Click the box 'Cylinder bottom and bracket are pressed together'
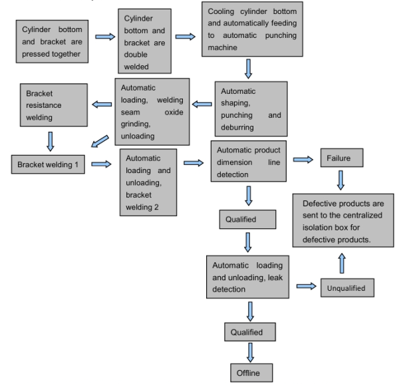coord(53,41)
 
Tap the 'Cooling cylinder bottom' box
coord(251,29)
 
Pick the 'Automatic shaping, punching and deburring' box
coord(251,108)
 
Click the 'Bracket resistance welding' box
coord(54,105)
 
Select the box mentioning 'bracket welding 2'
coord(149,182)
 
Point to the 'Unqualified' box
coord(346,288)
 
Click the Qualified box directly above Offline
coord(247,332)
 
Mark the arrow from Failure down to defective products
coord(340,179)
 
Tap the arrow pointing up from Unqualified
coord(342,262)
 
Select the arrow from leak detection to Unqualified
coord(306,286)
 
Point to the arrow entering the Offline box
coord(249,352)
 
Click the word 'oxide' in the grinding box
coord(174,112)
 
